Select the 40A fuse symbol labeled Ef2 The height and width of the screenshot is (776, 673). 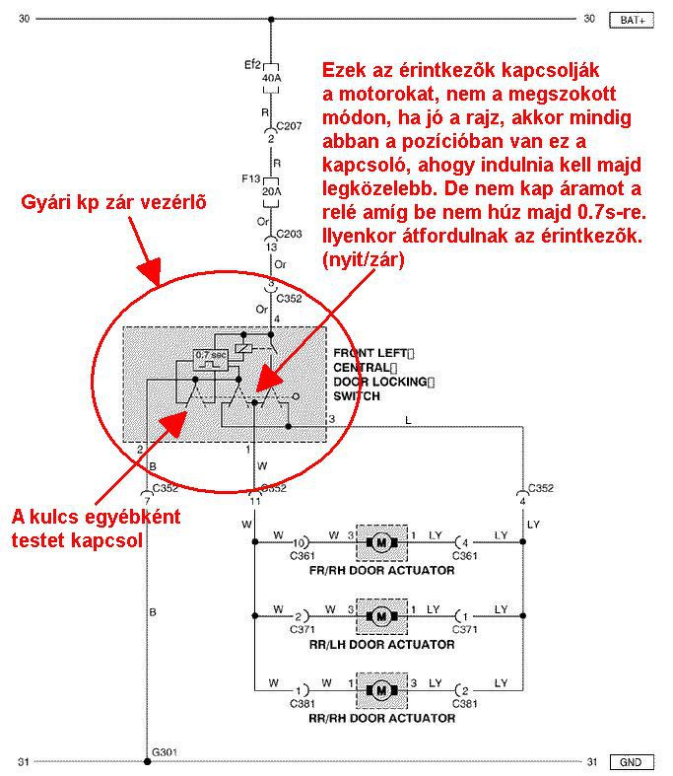pos(272,75)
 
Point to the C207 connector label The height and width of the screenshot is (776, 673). pos(290,127)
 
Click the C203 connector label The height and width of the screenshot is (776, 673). pos(290,236)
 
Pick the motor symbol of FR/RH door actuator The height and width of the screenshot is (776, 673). pos(379,542)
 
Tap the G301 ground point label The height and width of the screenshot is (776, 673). pos(166,750)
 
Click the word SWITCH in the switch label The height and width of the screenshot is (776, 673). pos(357,396)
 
